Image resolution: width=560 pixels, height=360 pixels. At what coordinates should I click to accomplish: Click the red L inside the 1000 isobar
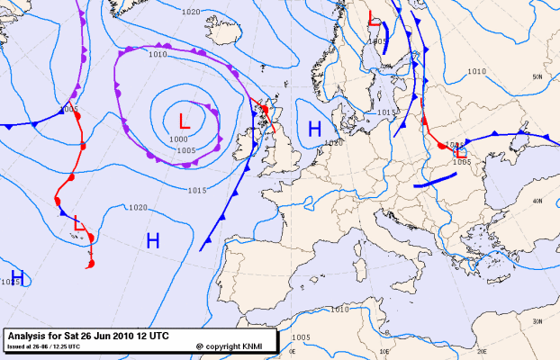[x=185, y=121]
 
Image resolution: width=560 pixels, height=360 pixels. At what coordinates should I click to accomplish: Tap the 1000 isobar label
[x=178, y=139]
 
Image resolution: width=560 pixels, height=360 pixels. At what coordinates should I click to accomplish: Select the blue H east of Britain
[x=315, y=130]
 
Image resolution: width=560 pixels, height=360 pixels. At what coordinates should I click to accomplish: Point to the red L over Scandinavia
[x=375, y=18]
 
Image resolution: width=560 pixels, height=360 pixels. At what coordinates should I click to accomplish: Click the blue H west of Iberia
[x=153, y=240]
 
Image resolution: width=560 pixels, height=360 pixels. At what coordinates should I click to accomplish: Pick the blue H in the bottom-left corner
[x=16, y=276]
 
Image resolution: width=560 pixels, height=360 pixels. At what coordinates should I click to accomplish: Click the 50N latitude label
[x=537, y=77]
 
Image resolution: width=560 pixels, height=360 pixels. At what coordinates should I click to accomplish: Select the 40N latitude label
[x=537, y=201]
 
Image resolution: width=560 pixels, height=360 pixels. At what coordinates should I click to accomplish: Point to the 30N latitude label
[x=537, y=320]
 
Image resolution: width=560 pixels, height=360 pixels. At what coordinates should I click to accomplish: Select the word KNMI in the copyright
[x=251, y=346]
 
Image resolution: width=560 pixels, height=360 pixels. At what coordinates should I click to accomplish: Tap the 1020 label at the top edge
[x=190, y=12]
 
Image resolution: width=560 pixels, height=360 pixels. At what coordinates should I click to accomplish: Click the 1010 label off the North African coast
[x=339, y=310]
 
